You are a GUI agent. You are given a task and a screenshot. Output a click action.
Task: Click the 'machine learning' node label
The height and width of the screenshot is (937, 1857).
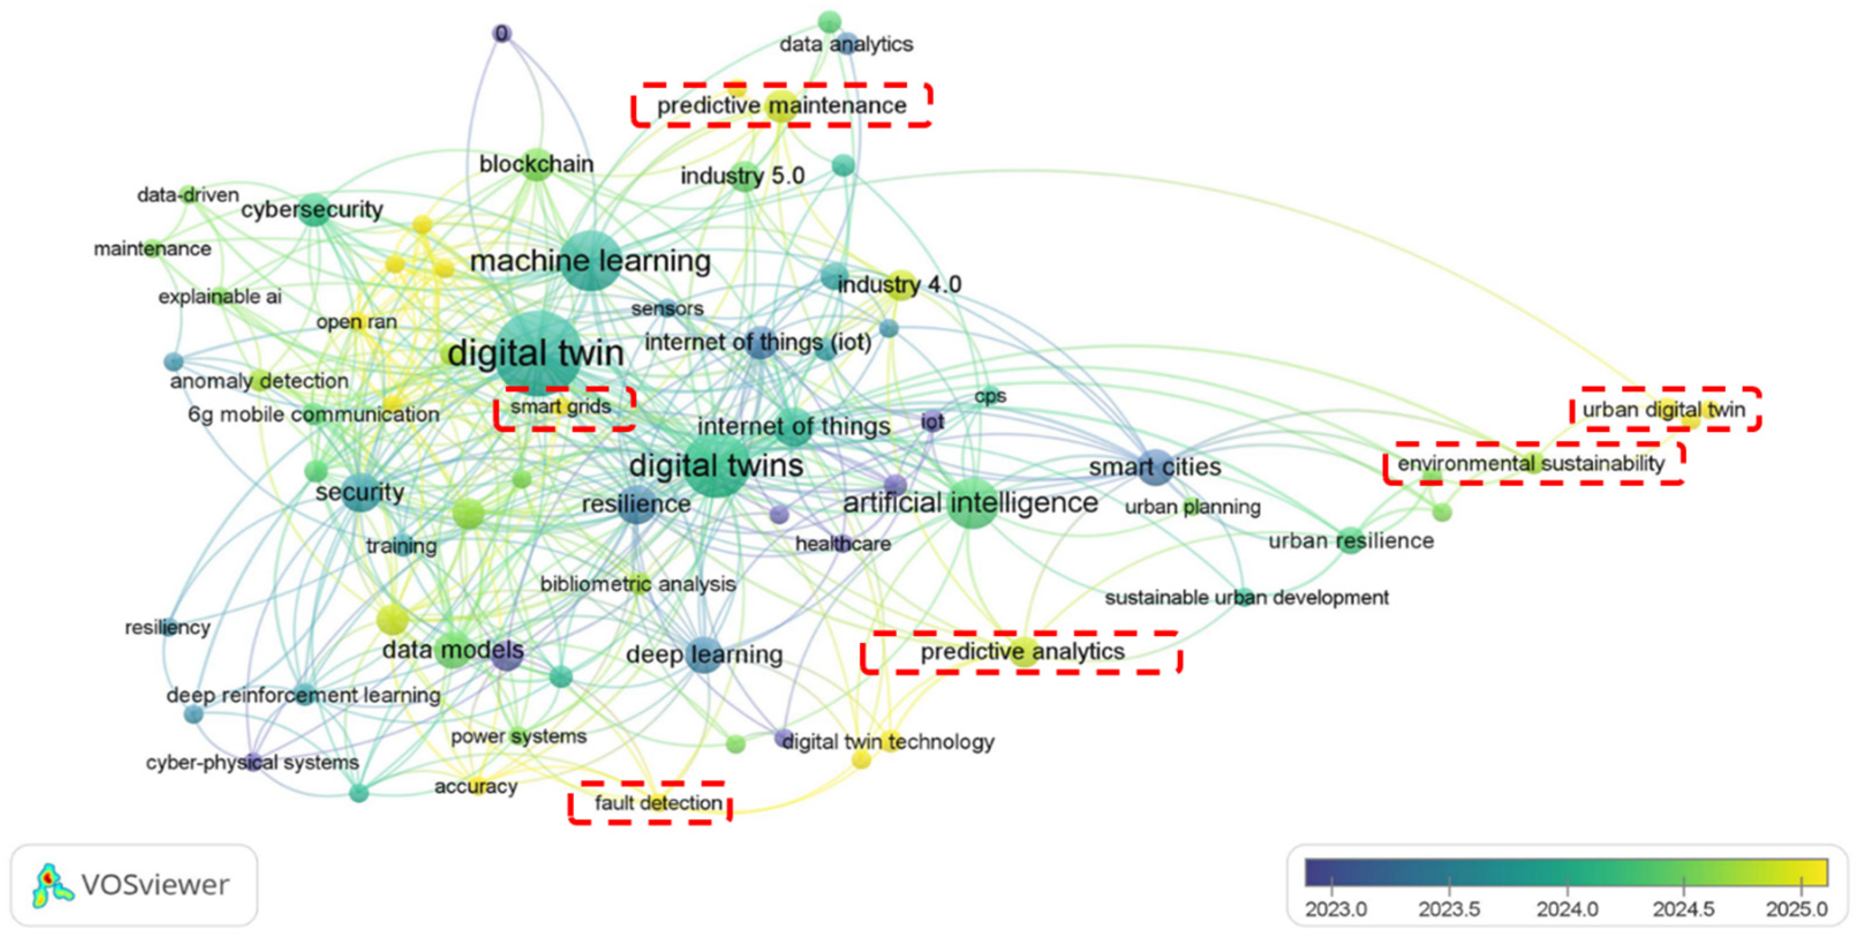[590, 261]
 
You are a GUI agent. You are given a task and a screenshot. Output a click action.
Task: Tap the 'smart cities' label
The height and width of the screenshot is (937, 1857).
[1155, 466]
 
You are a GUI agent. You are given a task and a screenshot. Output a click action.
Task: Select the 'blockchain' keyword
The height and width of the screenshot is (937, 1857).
[537, 164]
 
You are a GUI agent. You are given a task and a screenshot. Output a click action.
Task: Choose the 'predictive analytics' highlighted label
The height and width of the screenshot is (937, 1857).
[1022, 652]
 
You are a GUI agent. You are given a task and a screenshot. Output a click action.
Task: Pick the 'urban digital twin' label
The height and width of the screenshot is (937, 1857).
[1664, 410]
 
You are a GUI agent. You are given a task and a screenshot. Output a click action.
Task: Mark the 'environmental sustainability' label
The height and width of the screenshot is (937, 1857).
[1531, 463]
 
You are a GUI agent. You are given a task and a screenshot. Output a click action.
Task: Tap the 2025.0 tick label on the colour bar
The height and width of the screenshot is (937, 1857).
[1796, 909]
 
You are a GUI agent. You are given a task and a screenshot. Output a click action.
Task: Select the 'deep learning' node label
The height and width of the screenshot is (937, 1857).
[704, 655]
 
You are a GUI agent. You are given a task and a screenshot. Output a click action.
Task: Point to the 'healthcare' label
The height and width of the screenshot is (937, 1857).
[843, 544]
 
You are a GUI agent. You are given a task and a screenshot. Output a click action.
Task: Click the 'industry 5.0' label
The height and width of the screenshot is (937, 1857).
[742, 176]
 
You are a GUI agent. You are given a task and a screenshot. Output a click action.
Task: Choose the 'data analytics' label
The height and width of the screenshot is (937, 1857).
[846, 45]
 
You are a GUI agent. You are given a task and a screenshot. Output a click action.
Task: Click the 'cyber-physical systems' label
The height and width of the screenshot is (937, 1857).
[252, 762]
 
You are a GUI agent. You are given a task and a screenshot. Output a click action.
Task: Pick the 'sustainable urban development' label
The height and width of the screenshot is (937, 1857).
[1247, 597]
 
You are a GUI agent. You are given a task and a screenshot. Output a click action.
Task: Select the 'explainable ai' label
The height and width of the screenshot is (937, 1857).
[220, 296]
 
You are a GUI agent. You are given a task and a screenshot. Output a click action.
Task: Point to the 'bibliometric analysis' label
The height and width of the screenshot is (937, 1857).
[638, 584]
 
